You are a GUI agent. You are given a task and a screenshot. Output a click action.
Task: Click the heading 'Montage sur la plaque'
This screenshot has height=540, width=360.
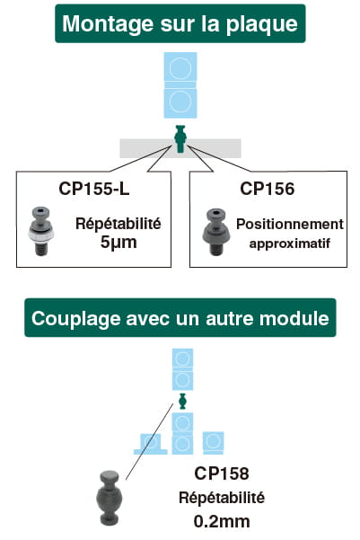click(x=180, y=23)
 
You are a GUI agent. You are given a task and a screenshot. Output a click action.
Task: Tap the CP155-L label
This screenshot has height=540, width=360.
click(x=94, y=189)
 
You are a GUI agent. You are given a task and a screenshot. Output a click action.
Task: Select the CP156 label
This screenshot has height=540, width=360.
click(x=268, y=189)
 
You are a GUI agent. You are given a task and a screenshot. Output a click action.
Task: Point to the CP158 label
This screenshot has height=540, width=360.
click(x=222, y=474)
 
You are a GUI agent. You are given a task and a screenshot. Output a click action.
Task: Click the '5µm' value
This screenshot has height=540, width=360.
click(x=119, y=243)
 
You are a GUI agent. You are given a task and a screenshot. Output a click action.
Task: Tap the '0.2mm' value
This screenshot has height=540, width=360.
click(x=222, y=521)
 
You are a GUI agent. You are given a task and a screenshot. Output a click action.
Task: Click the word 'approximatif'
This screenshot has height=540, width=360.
click(x=290, y=243)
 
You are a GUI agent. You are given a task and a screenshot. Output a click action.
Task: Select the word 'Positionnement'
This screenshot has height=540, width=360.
click(x=290, y=225)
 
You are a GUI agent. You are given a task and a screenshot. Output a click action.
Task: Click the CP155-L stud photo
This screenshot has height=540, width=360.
click(x=40, y=231)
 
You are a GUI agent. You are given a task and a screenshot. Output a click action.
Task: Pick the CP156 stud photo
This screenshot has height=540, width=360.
click(x=215, y=232)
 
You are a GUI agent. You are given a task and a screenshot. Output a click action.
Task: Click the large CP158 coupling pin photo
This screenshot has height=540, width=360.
click(x=110, y=498)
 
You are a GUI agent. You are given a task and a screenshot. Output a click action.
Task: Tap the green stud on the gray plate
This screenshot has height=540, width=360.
click(x=180, y=138)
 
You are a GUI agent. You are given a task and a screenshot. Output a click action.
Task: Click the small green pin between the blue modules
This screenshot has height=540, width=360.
click(x=182, y=401)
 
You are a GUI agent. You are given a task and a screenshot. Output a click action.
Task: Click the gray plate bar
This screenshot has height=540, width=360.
click(x=180, y=148)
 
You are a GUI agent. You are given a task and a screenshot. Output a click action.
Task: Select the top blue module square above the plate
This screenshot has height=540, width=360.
click(x=180, y=66)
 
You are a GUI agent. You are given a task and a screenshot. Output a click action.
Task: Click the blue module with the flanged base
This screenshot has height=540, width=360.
click(x=151, y=444)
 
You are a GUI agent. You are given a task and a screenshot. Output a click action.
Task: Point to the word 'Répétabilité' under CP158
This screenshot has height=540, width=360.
click(x=222, y=498)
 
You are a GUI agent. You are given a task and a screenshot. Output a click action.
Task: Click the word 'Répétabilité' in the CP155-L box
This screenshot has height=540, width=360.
click(x=119, y=224)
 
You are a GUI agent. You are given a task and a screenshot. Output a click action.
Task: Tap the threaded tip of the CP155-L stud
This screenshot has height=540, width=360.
click(x=40, y=249)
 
